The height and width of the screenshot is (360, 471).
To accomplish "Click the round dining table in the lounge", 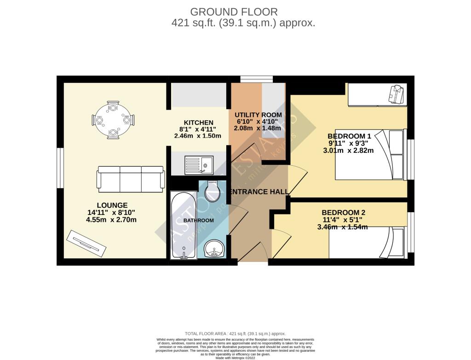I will click(113, 120).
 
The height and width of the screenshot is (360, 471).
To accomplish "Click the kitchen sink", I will click(199, 165).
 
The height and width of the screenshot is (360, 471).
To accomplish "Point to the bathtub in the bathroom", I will click(184, 226).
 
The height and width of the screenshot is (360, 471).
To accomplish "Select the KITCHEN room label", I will click(198, 122).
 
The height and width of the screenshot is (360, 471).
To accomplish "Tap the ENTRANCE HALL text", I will click(259, 192).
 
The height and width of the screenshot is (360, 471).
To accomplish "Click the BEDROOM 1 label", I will click(349, 136).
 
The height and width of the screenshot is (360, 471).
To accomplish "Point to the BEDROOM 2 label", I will click(343, 212).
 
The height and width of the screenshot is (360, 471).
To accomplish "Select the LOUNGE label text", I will click(112, 205).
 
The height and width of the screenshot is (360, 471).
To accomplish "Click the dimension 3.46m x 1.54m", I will click(342, 227).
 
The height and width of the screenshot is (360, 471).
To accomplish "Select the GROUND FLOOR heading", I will click(234, 12).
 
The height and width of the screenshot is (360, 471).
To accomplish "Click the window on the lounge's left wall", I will click(60, 168).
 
